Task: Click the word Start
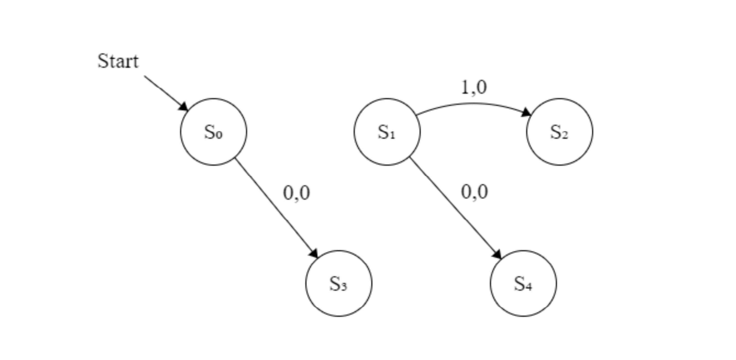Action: pos(118,61)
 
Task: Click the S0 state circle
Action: pos(213,132)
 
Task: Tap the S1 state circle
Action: pos(387,132)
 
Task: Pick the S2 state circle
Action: pos(560,132)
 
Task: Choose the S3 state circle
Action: pos(339,283)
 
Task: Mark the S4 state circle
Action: pos(523,283)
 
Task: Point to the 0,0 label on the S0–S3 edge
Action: pos(296,193)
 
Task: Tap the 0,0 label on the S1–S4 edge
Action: pos(474,192)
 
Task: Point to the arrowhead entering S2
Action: pos(526,112)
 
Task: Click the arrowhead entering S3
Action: pos(314,254)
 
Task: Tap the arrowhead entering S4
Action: pos(497,254)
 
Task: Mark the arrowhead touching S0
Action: pos(184,107)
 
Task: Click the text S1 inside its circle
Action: pos(387,132)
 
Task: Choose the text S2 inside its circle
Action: pos(560,132)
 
